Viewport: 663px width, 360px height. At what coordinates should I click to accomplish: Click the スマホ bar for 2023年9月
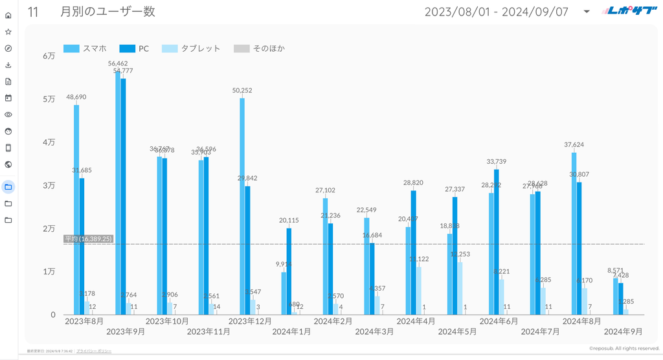pos(118,194)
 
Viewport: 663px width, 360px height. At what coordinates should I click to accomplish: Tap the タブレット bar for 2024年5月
pos(460,288)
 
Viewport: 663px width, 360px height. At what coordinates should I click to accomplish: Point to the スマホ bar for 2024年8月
pos(574,233)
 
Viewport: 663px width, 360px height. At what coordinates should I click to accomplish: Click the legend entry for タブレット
pos(192,49)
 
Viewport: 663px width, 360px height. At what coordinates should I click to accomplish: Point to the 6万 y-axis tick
pos(49,56)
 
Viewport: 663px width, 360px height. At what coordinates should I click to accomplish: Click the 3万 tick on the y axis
pos(49,185)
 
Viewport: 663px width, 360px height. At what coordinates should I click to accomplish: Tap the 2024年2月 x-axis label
pos(333,321)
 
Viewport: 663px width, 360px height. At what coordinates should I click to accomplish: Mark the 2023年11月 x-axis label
pos(208,332)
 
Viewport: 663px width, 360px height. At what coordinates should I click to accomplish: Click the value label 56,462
pos(117,63)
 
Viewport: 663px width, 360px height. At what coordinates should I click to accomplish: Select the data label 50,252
pos(242,90)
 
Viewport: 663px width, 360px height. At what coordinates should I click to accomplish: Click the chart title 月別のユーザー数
pos(107,11)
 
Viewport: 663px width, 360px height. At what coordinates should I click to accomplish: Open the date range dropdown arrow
pos(586,12)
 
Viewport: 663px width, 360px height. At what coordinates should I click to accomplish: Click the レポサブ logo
pos(622,11)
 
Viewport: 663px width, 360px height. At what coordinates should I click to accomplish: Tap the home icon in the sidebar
pos(8,15)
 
